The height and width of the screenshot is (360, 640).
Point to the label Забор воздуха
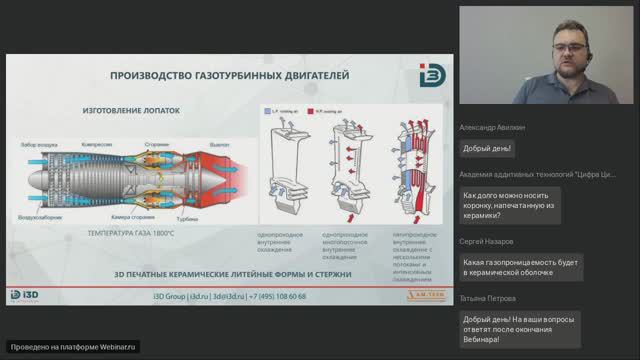41,144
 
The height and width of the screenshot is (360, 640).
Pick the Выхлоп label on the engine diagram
219,144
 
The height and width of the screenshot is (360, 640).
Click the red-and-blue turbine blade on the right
411,170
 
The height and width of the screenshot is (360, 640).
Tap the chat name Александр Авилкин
492,128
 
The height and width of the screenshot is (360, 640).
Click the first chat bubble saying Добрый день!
488,148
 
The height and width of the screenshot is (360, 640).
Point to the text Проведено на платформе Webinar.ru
71,346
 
